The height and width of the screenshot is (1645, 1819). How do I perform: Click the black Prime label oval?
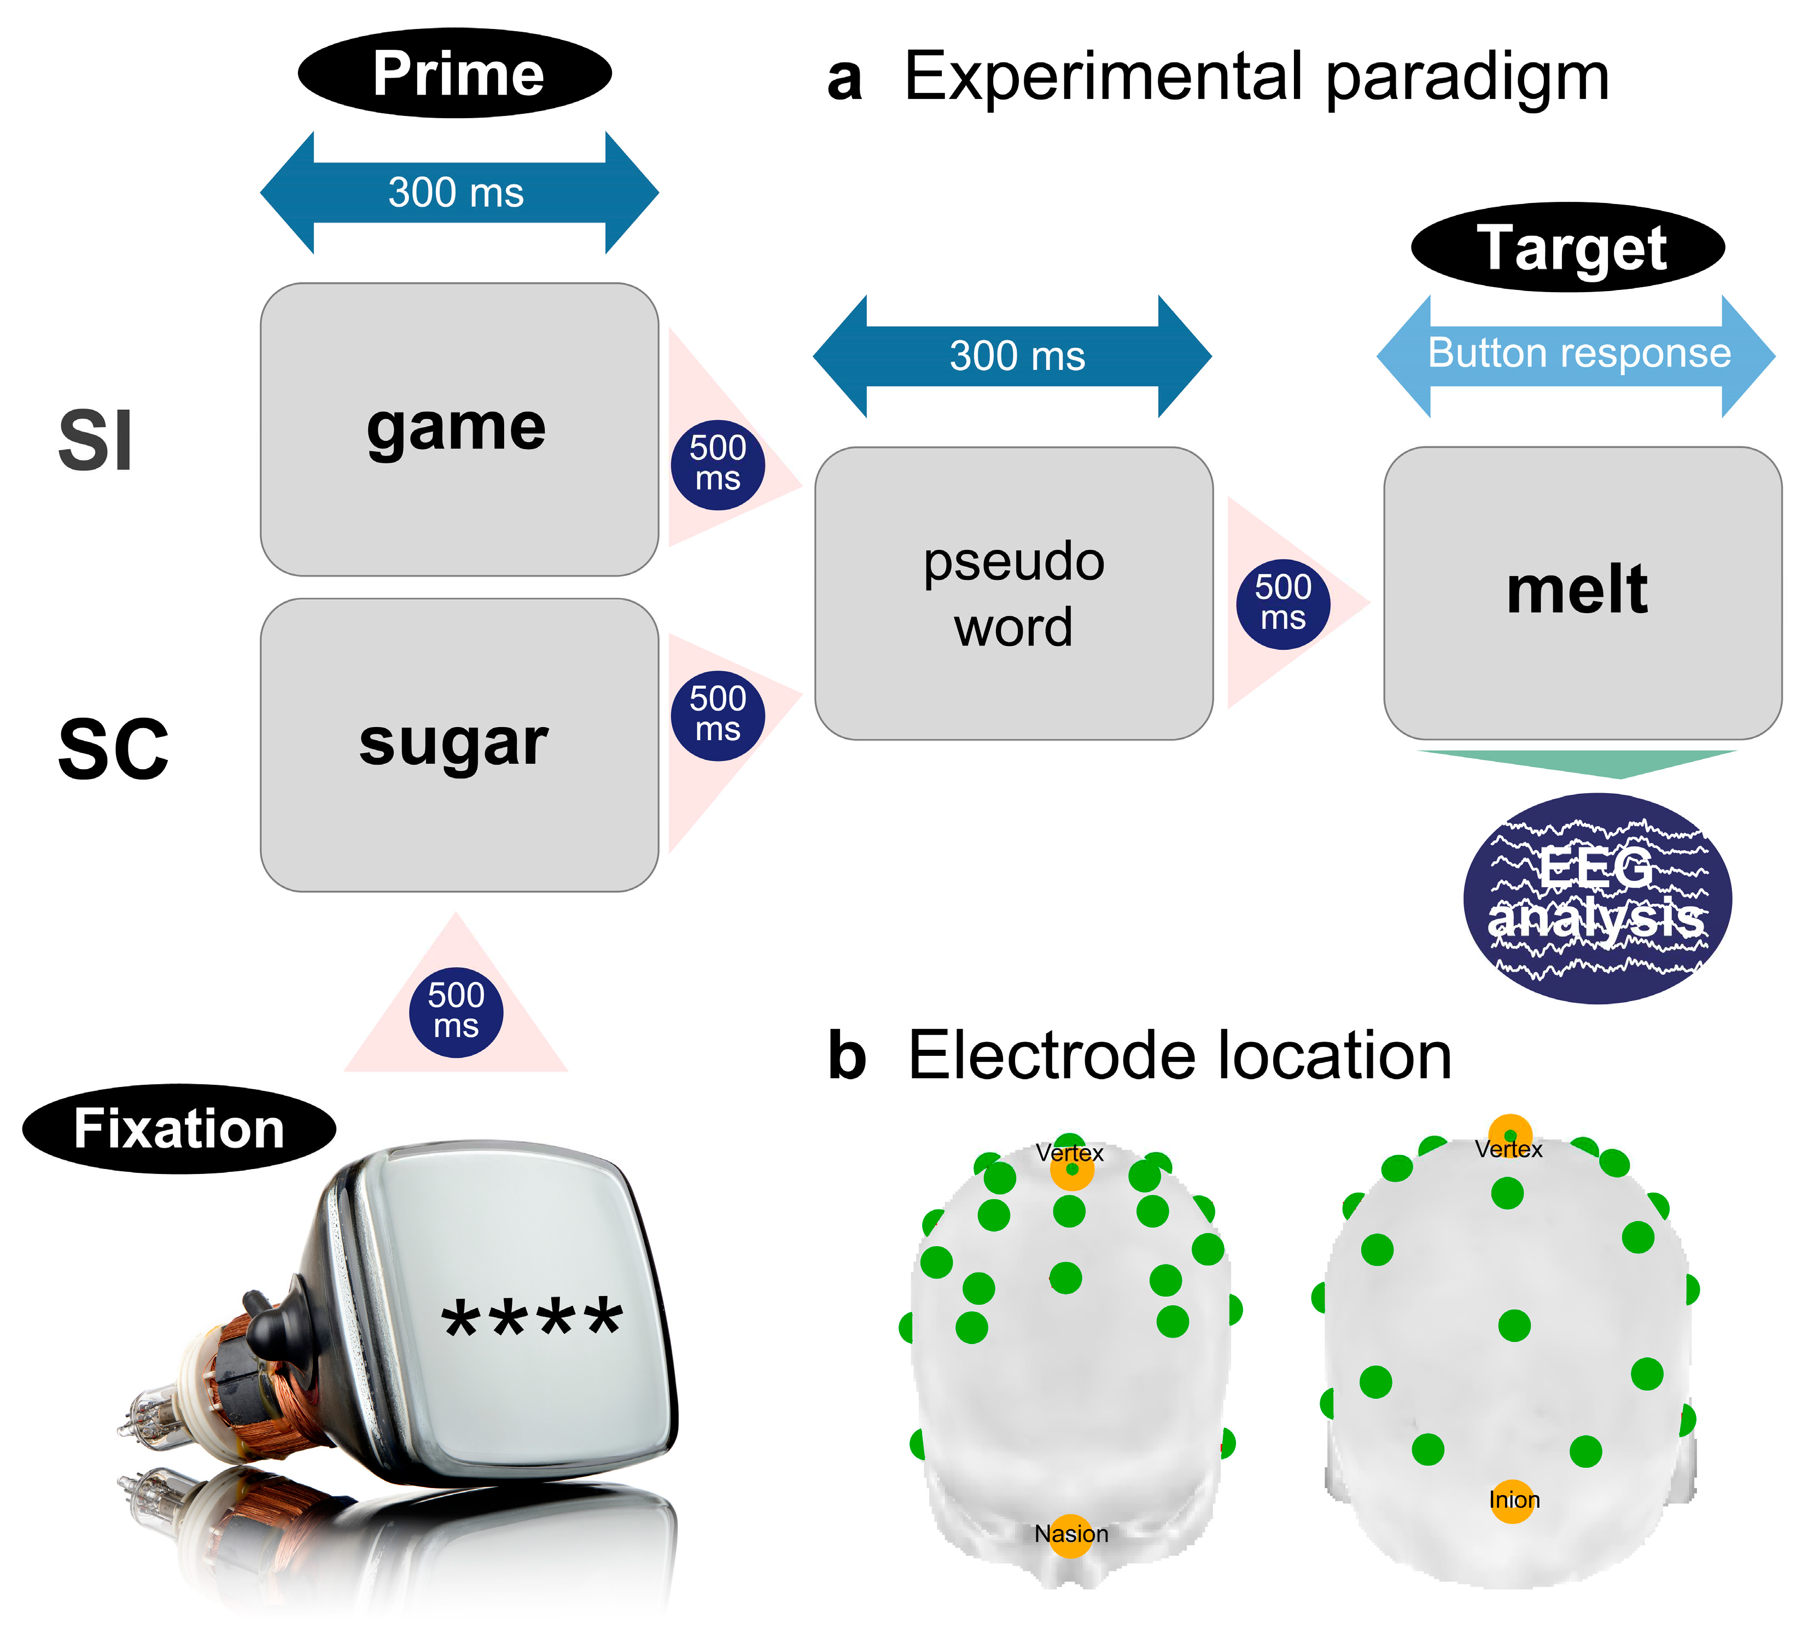point(455,73)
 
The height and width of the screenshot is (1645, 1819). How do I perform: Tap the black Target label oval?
point(1567,247)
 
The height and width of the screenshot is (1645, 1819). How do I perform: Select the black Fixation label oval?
point(179,1129)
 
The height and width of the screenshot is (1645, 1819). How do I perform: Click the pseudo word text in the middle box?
point(1013,594)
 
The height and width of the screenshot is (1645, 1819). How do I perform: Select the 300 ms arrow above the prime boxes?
point(458,192)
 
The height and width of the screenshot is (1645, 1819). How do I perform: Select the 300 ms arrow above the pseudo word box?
point(1012,356)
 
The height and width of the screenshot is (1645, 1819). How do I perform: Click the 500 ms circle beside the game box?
point(718,464)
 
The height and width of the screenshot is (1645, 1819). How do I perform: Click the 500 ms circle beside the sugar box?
point(718,714)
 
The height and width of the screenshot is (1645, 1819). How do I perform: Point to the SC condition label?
point(113,749)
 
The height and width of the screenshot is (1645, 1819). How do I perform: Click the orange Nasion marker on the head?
point(1071,1534)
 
